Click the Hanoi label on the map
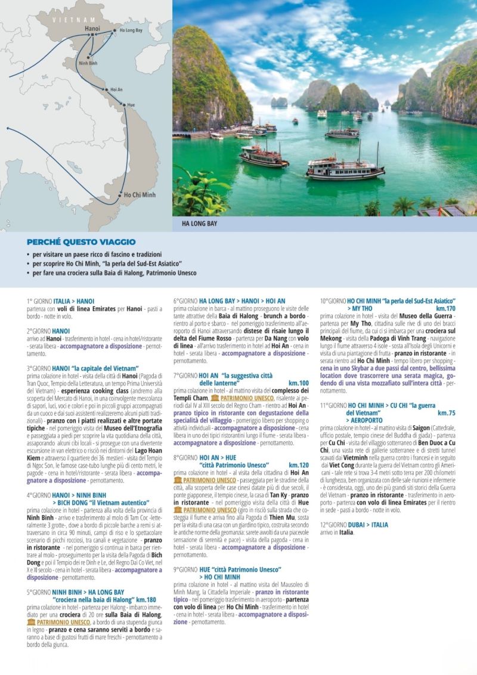tap(92, 28)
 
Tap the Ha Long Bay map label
tap(131, 30)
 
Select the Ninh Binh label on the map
tap(88, 63)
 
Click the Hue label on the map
tap(131, 105)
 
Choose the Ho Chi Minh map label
tap(140, 194)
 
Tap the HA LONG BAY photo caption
tap(200, 224)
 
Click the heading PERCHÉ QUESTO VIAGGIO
tap(81, 242)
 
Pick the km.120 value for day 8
tap(299, 465)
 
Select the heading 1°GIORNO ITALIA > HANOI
tap(60, 301)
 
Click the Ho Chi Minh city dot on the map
tap(119, 195)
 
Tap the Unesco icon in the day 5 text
tap(31, 622)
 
